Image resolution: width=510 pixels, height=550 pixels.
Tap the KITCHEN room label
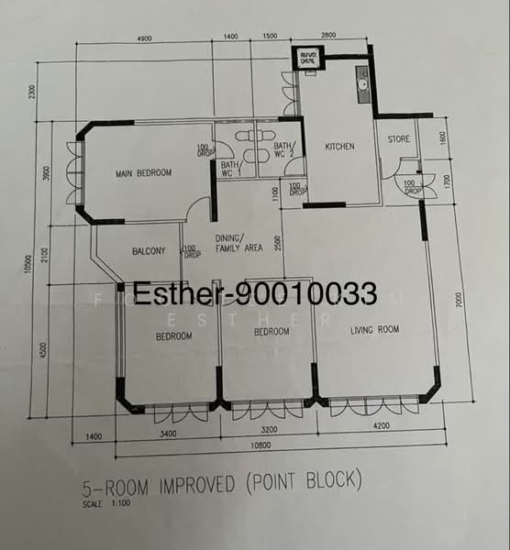pos(338,147)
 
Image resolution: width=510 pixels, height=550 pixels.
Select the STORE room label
pos(398,139)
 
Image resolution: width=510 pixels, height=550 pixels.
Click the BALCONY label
pos(149,250)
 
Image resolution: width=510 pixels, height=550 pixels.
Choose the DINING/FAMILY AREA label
pos(238,243)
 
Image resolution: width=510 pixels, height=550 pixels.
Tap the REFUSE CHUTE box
pos(309,60)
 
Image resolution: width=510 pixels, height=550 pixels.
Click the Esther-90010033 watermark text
pos(255,294)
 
